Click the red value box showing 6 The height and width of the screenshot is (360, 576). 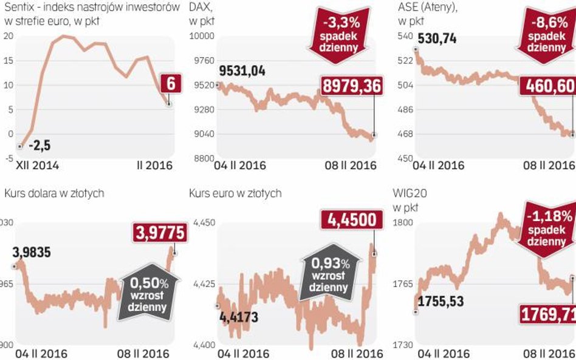coord(171,83)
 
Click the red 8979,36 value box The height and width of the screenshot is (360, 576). coord(351,86)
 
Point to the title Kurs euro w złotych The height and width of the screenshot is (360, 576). coord(235,193)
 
